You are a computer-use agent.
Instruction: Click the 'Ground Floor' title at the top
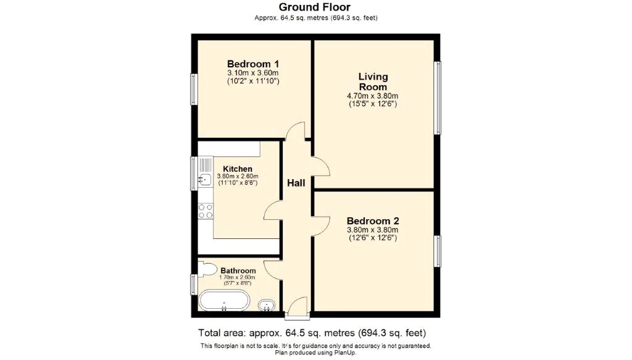coord(315,7)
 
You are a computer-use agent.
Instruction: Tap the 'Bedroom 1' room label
coord(253,64)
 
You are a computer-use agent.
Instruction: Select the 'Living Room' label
coord(373,82)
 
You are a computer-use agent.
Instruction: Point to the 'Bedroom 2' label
coord(373,221)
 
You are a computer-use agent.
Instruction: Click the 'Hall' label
coord(296,183)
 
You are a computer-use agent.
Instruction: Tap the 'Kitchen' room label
coord(237,169)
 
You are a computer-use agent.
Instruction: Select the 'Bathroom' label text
coord(238,270)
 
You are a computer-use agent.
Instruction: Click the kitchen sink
coord(205,180)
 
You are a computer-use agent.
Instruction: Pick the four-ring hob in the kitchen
coord(206,211)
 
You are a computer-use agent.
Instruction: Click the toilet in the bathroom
coord(208,269)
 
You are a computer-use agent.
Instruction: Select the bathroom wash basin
coord(267,304)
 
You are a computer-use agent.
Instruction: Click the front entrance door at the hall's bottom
coord(297,309)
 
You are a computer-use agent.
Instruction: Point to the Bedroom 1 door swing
coord(296,132)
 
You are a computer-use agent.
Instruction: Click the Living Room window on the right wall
coord(438,98)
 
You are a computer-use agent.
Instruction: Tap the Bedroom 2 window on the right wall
coord(438,251)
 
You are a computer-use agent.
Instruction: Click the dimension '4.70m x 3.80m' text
coord(372,96)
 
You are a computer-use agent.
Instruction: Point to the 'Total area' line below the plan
coord(312,332)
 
